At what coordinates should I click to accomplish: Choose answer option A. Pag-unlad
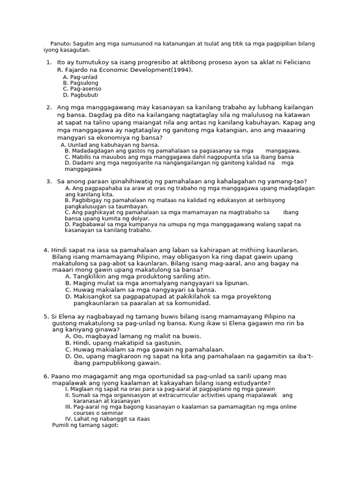click(x=80, y=77)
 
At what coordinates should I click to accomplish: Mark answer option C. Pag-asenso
click(x=82, y=89)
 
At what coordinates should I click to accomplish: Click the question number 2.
click(x=49, y=107)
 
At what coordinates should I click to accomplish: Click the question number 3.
click(x=49, y=181)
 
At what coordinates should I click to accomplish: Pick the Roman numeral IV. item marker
click(x=68, y=419)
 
